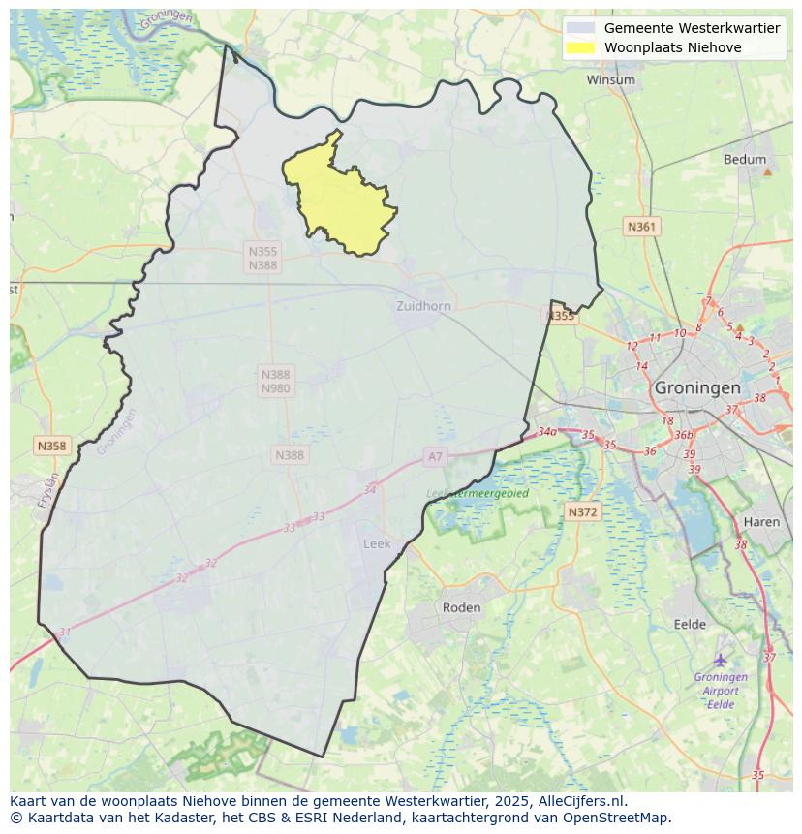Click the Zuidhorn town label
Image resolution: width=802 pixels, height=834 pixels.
(x=423, y=306)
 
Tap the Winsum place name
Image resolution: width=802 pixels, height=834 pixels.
(x=610, y=79)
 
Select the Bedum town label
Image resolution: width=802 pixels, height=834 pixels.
(x=744, y=160)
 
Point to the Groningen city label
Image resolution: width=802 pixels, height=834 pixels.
(x=697, y=387)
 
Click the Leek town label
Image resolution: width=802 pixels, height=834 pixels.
(x=377, y=543)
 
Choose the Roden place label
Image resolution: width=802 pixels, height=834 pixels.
(x=461, y=607)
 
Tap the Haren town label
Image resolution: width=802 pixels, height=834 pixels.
(x=761, y=522)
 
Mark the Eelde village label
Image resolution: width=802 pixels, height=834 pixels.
(x=690, y=625)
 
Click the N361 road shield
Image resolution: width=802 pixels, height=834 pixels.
(x=641, y=227)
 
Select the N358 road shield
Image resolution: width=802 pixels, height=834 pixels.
(x=51, y=446)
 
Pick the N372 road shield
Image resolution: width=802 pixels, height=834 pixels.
(x=583, y=511)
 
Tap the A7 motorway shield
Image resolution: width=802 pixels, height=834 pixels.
(x=435, y=455)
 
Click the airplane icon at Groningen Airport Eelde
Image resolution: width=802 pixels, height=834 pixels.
(x=721, y=660)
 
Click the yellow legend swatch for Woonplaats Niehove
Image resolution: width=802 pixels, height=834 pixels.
(x=581, y=47)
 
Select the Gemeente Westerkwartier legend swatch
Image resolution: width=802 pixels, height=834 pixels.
(x=581, y=28)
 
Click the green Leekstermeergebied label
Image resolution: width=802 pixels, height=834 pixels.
(x=478, y=493)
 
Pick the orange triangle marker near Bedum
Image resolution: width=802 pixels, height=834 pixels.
(x=767, y=171)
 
